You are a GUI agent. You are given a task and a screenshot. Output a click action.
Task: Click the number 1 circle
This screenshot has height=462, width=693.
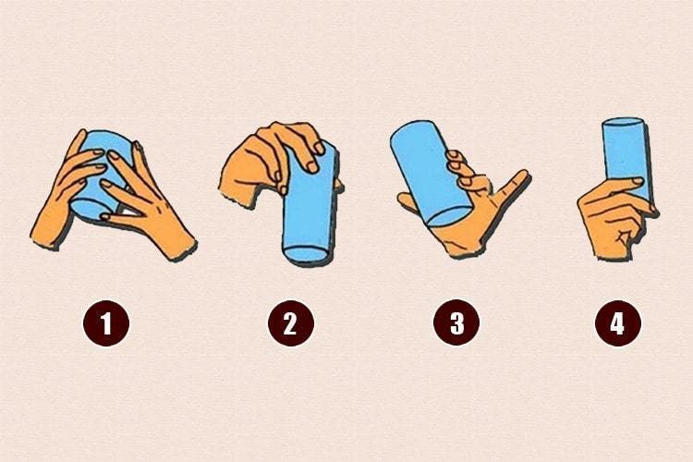click(x=106, y=323)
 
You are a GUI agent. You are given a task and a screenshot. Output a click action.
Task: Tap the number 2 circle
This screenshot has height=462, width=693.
click(x=291, y=323)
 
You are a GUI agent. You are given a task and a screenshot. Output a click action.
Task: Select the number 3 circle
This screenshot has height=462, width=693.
click(x=456, y=323)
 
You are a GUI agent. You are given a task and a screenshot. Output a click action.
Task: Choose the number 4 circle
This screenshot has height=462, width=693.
click(x=618, y=323)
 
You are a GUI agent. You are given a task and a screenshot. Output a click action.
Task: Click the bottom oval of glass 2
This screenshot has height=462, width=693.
click(x=306, y=255)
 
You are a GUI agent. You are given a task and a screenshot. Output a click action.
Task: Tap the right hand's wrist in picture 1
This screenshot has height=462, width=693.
click(x=179, y=246)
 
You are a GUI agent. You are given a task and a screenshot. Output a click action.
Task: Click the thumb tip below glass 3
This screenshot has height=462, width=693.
click(x=404, y=199)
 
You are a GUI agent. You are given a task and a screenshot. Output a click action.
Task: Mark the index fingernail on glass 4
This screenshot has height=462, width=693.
click(x=638, y=181)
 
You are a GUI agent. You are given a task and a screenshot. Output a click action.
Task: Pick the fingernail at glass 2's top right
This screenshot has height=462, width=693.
click(x=318, y=147)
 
